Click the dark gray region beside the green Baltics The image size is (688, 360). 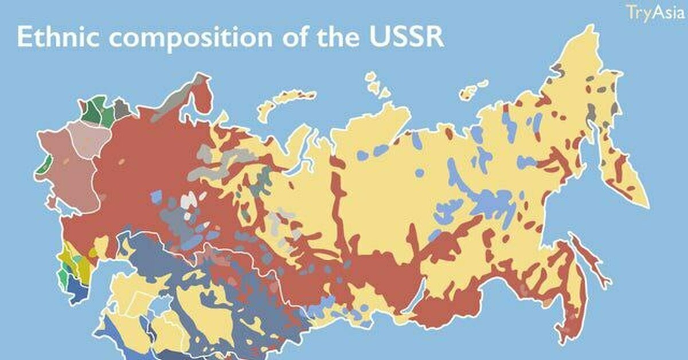click(121, 108)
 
